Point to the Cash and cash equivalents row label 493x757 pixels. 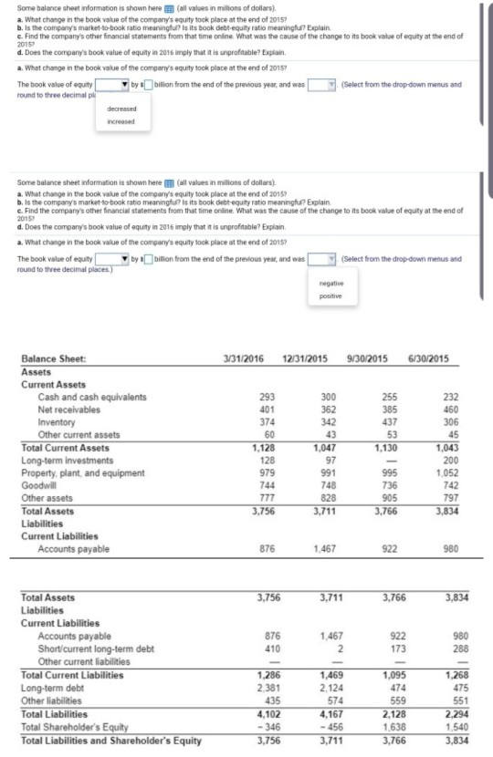click(91, 397)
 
